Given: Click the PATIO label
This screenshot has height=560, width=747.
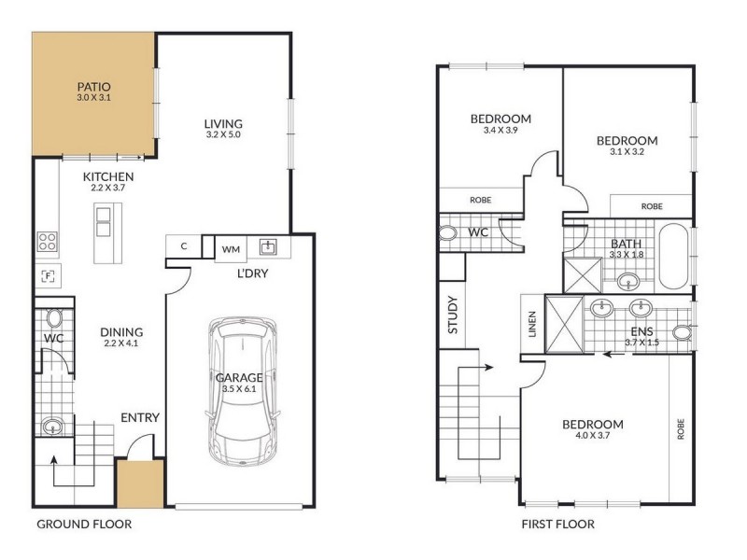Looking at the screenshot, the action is pyautogui.click(x=94, y=87).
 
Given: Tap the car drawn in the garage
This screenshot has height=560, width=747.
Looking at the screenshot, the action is pyautogui.click(x=243, y=391).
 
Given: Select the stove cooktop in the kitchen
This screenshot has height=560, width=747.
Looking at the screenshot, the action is pyautogui.click(x=48, y=242).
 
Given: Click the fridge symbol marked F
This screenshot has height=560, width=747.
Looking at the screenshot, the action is pyautogui.click(x=48, y=276).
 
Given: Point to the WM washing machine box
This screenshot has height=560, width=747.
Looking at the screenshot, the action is pyautogui.click(x=231, y=249).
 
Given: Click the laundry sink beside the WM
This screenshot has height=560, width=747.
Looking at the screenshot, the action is pyautogui.click(x=268, y=246).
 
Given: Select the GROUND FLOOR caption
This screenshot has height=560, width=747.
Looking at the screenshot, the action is pyautogui.click(x=84, y=525).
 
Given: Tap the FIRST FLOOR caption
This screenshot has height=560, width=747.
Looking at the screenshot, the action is pyautogui.click(x=557, y=525).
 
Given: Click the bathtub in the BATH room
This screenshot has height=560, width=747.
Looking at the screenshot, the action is pyautogui.click(x=673, y=255).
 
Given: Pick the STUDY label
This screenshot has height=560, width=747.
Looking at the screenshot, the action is pyautogui.click(x=453, y=315).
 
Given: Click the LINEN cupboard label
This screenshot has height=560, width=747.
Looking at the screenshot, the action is pyautogui.click(x=532, y=324).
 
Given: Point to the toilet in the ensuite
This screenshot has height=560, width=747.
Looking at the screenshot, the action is pyautogui.click(x=683, y=332).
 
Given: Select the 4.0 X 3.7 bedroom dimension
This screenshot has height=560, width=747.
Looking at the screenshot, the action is pyautogui.click(x=592, y=435).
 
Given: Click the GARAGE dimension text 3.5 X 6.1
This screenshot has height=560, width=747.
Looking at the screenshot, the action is pyautogui.click(x=239, y=388).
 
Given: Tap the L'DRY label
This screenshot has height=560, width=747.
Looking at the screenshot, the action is pyautogui.click(x=252, y=273).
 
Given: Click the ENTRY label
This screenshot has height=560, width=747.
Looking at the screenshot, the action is pyautogui.click(x=139, y=417).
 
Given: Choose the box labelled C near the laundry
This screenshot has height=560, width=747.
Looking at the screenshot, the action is pyautogui.click(x=184, y=246).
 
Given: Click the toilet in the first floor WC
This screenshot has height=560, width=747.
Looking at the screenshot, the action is pyautogui.click(x=447, y=233).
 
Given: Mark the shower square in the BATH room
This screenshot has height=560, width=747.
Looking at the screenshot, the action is pyautogui.click(x=583, y=274).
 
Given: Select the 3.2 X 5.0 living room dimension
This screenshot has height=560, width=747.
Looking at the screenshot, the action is pyautogui.click(x=223, y=134).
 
